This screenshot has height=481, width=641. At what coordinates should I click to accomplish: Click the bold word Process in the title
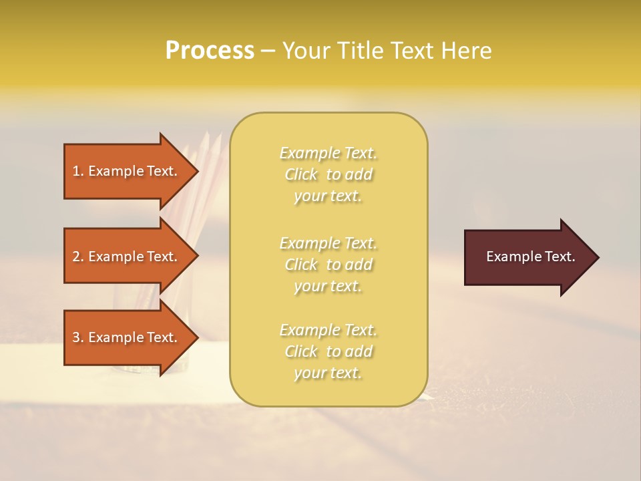pyautogui.click(x=210, y=51)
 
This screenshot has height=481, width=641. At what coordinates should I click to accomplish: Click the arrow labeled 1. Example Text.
pyautogui.click(x=127, y=171)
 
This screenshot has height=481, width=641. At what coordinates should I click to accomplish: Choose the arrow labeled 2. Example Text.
pyautogui.click(x=127, y=257)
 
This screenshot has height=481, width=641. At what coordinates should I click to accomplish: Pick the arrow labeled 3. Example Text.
pyautogui.click(x=127, y=337)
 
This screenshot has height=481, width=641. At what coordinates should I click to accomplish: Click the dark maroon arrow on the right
pyautogui.click(x=527, y=257)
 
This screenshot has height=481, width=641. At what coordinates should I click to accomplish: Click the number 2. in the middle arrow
pyautogui.click(x=78, y=257)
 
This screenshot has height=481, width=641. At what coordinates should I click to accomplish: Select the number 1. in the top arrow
pyautogui.click(x=78, y=171)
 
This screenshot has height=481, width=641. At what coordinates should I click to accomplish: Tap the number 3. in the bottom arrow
pyautogui.click(x=78, y=337)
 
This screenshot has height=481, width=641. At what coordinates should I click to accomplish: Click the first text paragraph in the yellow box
pyautogui.click(x=328, y=174)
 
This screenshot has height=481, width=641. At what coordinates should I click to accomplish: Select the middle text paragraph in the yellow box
pyautogui.click(x=328, y=265)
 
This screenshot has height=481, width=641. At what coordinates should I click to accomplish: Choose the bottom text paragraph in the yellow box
pyautogui.click(x=328, y=351)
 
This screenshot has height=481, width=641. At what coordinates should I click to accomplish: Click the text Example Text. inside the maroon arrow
pyautogui.click(x=530, y=257)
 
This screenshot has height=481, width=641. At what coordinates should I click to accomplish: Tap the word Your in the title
pyautogui.click(x=305, y=51)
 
